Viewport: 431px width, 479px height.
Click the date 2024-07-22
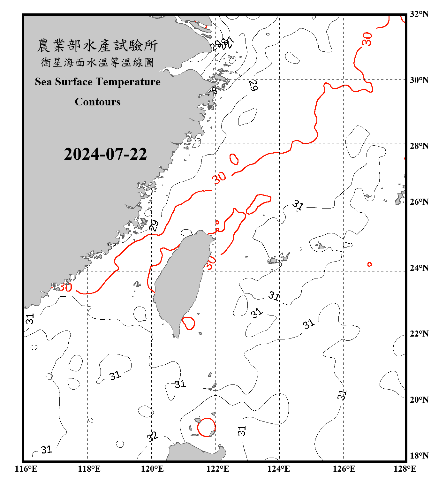point(105,154)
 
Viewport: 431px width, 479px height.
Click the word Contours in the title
point(98,102)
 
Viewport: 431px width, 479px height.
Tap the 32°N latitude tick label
point(419,14)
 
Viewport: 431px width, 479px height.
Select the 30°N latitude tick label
point(419,80)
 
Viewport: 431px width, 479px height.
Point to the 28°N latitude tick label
point(419,146)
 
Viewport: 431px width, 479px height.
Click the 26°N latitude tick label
point(419,201)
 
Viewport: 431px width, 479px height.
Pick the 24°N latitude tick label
point(419,268)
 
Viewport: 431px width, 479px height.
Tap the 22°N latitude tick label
point(419,333)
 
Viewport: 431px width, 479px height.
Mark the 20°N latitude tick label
point(419,399)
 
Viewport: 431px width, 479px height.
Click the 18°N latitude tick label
point(419,455)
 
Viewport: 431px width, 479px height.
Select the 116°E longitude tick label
point(26,469)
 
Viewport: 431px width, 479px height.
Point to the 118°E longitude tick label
point(89,469)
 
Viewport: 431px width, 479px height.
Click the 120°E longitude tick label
point(152,469)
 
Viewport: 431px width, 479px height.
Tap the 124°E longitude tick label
point(279,469)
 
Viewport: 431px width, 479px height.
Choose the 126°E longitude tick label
point(344,469)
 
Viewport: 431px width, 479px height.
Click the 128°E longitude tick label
point(405,469)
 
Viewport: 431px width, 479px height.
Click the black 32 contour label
point(152,436)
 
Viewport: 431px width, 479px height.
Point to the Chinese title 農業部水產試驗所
point(98,45)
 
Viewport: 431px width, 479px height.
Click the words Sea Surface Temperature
point(98,82)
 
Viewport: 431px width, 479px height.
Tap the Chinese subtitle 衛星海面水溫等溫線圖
point(98,62)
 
